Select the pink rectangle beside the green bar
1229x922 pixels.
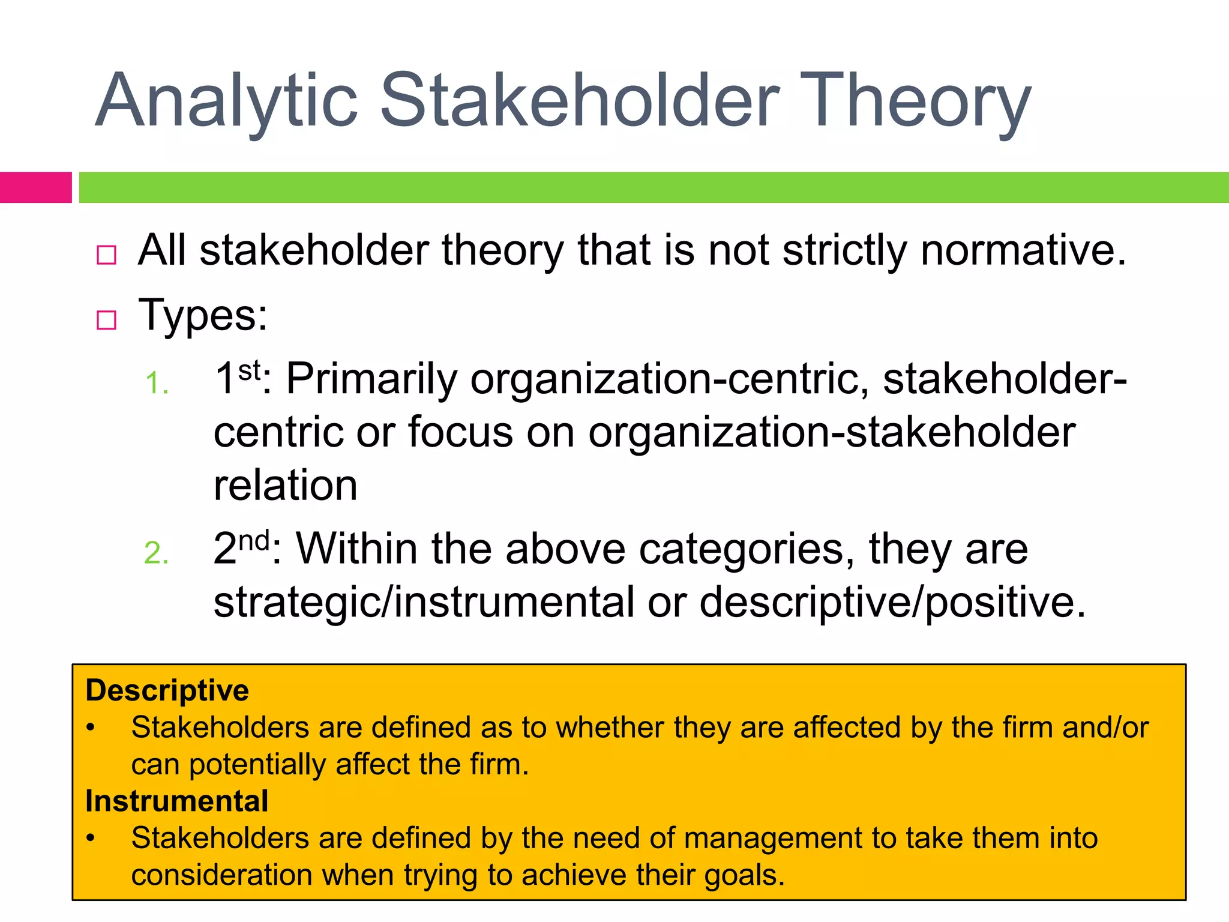pos(35,187)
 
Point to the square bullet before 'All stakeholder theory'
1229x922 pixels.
pos(106,255)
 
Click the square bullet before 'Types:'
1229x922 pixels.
pos(106,320)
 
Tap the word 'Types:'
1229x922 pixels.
pos(203,316)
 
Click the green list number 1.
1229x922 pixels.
pos(156,384)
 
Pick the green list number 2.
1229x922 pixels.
pos(156,553)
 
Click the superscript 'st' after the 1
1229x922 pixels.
pos(250,370)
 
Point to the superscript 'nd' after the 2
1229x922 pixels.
pos(254,540)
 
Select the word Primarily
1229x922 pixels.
pos(371,379)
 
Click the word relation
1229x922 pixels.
pos(286,485)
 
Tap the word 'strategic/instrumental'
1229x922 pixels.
pos(424,602)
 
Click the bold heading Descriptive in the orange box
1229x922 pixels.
pos(167,690)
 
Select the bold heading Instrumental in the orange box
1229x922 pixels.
pos(176,801)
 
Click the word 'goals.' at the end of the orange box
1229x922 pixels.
pos(744,875)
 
